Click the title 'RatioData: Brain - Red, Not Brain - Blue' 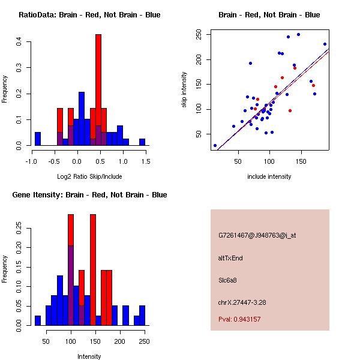pos(89,15)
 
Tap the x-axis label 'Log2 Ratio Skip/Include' pos(89,176)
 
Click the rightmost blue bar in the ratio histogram pos(142,142)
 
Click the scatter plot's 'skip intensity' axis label pos(184,90)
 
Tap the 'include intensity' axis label pos(269,176)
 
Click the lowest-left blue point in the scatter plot pos(215,145)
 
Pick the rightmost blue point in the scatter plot pos(325,44)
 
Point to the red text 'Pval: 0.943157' pos(239,319)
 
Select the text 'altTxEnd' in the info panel pos(230,258)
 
